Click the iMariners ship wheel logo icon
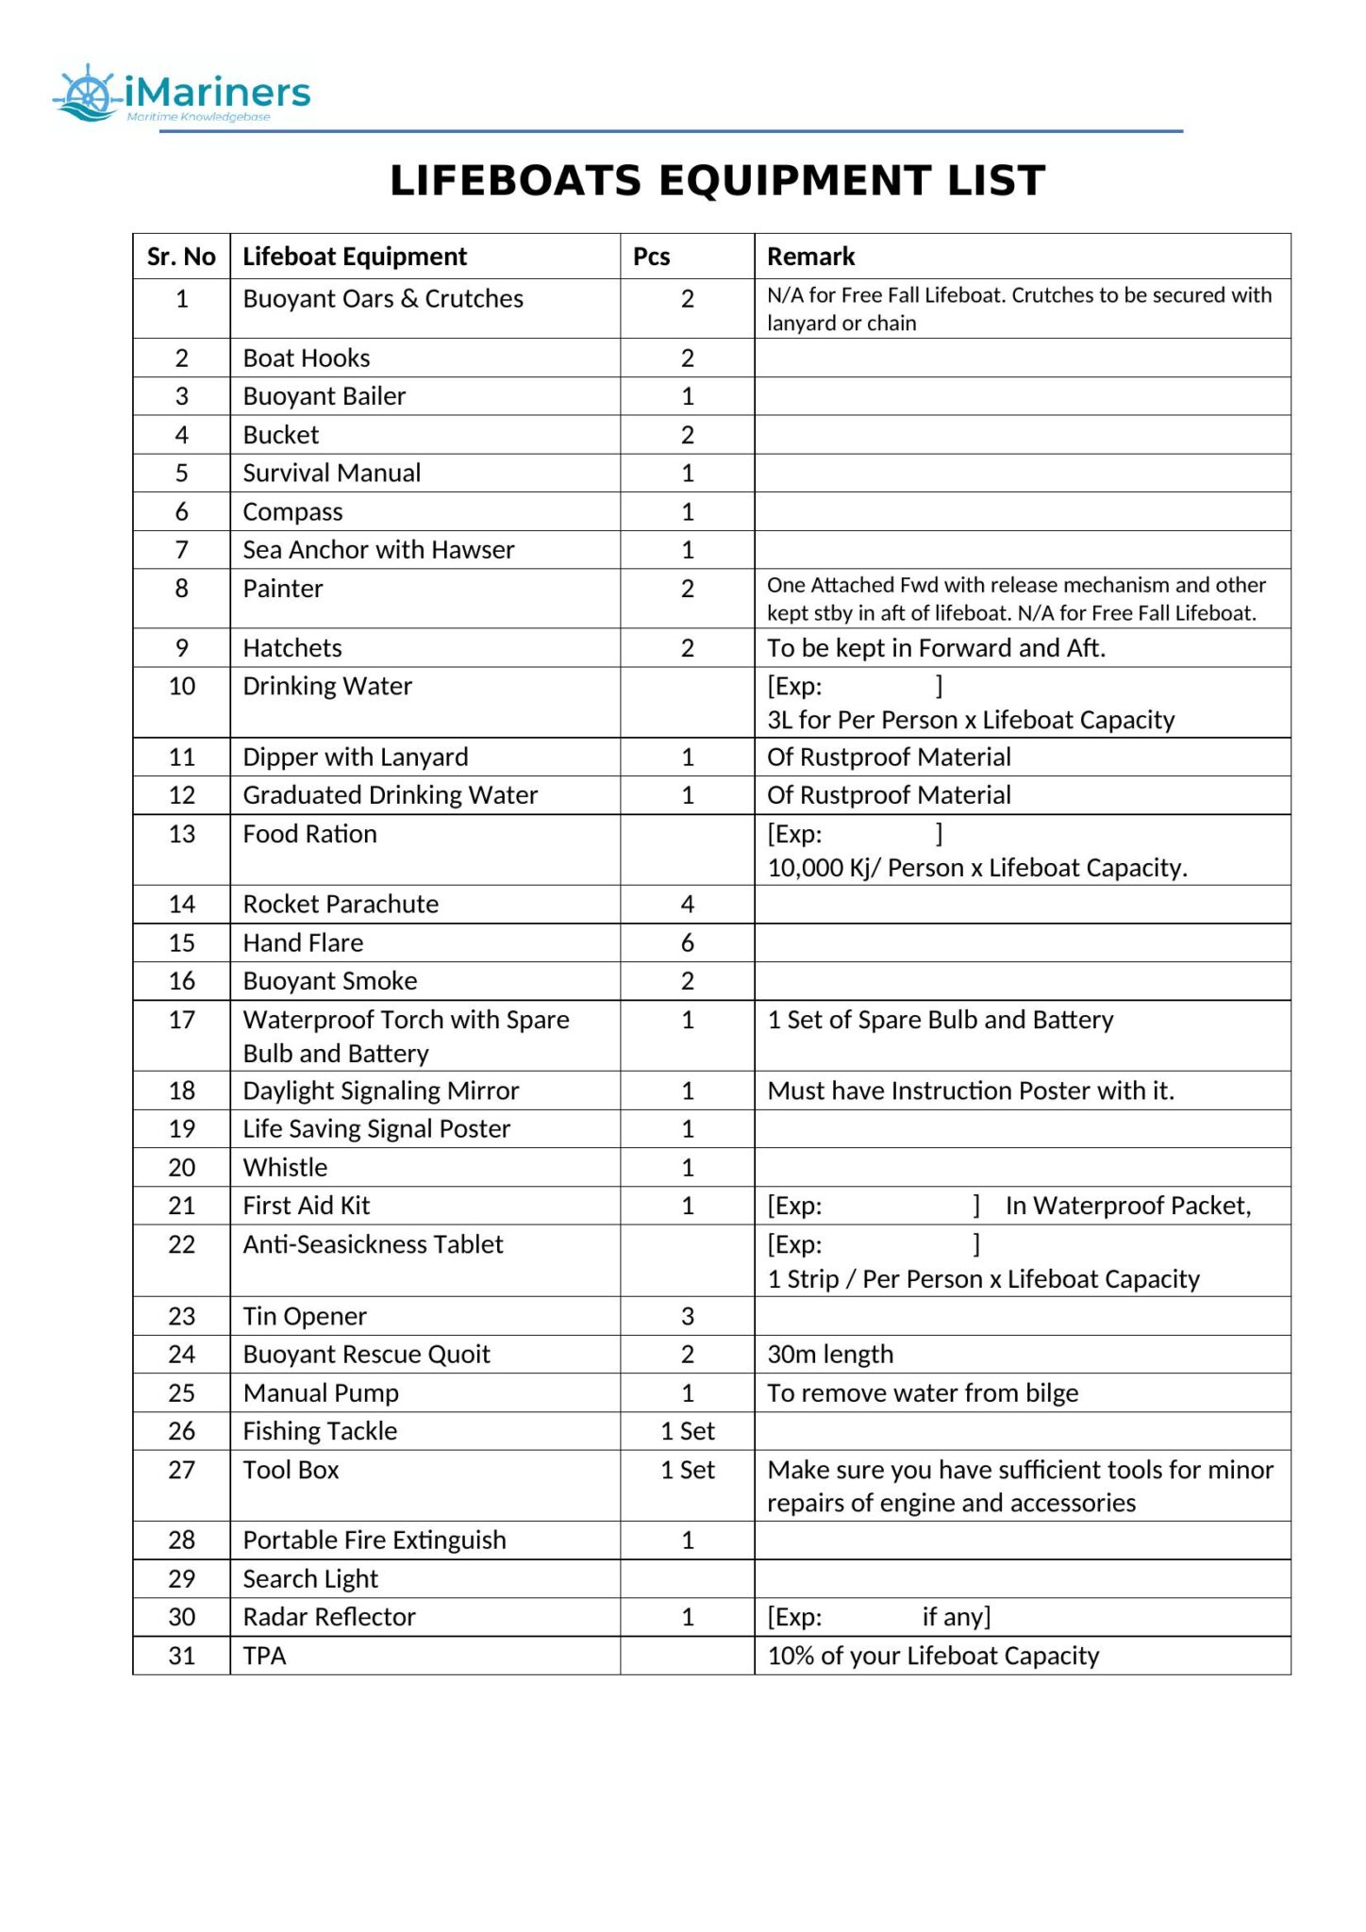tap(87, 93)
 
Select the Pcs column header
tap(651, 257)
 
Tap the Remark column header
tap(810, 257)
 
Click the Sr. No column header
tap(181, 257)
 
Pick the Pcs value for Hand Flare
tap(687, 942)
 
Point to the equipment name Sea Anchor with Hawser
tap(378, 550)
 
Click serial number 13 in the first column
tap(181, 834)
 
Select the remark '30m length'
tap(829, 1355)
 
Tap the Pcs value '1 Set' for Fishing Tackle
tap(687, 1431)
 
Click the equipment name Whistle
tap(285, 1168)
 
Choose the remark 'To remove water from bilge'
tap(922, 1393)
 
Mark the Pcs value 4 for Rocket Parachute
tap(687, 905)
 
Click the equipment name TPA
tap(264, 1656)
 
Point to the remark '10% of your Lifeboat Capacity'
tap(932, 1656)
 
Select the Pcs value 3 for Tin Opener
tap(687, 1316)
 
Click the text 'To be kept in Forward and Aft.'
tap(935, 648)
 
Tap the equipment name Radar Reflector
tap(328, 1617)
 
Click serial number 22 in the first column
tap(181, 1244)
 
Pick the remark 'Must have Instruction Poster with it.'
tap(970, 1091)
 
